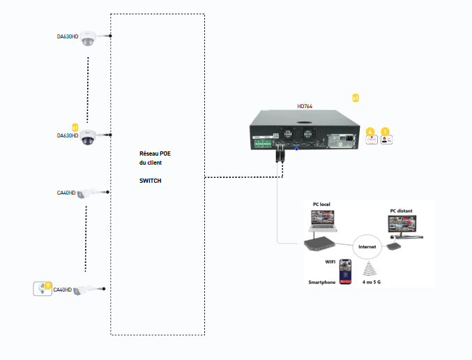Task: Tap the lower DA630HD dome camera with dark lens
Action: point(87,137)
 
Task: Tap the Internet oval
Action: point(367,246)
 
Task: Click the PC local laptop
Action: point(321,221)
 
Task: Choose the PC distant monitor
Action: point(403,227)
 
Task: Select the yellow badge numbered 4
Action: point(370,130)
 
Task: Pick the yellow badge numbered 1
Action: point(386,130)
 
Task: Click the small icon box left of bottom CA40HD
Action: point(43,288)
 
